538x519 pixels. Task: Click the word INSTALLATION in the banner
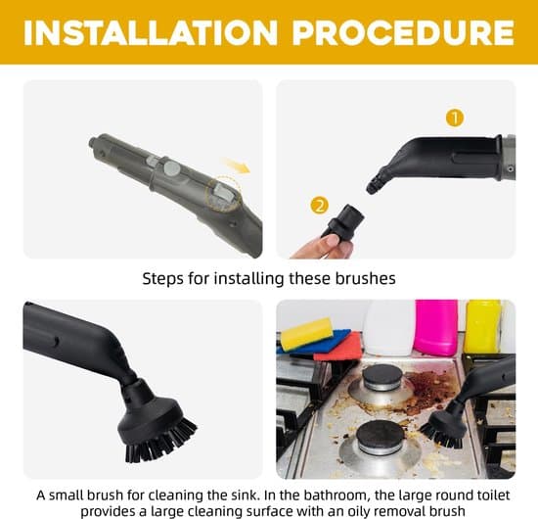(151, 32)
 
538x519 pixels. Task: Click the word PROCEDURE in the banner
(403, 32)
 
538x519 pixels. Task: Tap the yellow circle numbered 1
(455, 118)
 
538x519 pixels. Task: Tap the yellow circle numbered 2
(319, 206)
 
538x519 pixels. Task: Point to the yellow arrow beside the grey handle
(236, 165)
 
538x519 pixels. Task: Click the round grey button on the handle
(171, 168)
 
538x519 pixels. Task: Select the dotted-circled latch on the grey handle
(223, 193)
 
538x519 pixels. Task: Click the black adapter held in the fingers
(342, 220)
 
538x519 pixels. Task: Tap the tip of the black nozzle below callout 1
(372, 188)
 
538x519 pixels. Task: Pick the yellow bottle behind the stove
(482, 326)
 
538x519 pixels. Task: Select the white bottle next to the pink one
(389, 327)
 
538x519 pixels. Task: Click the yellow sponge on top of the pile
(307, 334)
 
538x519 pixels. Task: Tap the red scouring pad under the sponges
(338, 348)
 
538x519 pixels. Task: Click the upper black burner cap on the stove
(382, 376)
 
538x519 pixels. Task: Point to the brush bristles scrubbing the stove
(441, 436)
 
